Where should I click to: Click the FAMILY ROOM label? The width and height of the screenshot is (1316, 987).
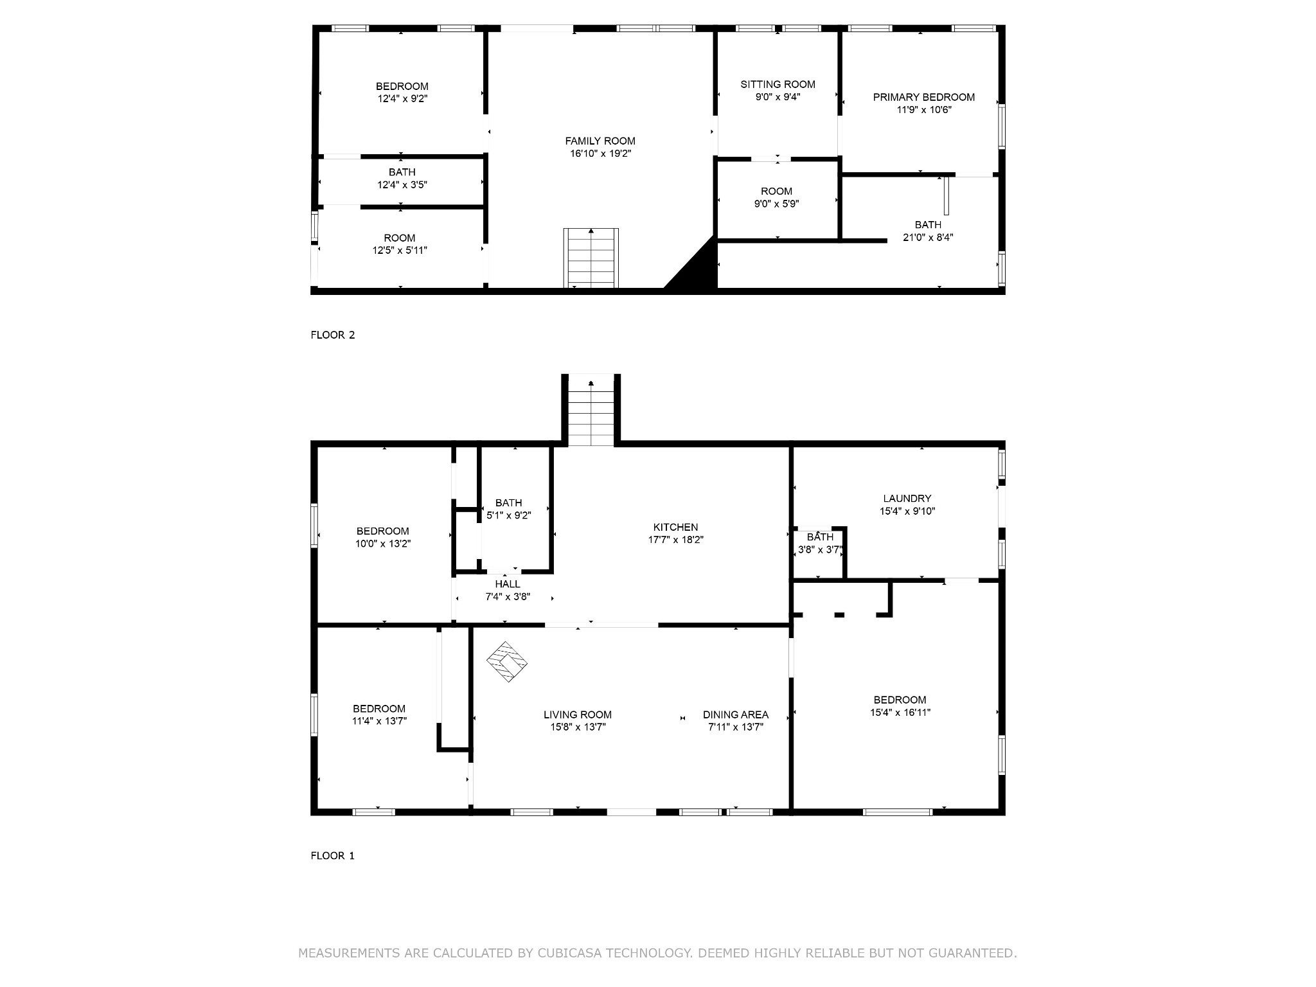click(x=600, y=141)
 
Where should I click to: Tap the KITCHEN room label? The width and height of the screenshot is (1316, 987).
click(x=675, y=528)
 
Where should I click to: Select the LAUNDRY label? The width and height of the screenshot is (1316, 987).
click(x=907, y=499)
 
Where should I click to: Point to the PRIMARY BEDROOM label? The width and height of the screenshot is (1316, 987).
click(x=923, y=97)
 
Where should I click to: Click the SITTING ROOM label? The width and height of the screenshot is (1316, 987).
click(x=778, y=84)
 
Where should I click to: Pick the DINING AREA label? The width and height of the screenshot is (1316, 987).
click(x=735, y=715)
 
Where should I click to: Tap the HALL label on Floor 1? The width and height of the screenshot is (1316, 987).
click(x=508, y=584)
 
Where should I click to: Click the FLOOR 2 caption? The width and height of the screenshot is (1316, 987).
click(x=332, y=335)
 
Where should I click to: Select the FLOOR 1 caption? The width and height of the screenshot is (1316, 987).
click(x=332, y=855)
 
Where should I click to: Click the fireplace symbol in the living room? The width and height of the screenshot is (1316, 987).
click(x=507, y=661)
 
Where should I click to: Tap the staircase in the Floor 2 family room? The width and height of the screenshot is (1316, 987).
click(x=591, y=258)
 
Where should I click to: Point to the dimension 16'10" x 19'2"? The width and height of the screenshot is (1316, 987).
click(x=600, y=154)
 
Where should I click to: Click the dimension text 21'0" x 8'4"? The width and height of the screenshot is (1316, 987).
click(x=927, y=237)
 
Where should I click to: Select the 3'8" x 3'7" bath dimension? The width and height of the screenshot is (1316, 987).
click(x=819, y=550)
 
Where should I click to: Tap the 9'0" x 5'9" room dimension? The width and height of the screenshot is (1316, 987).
click(x=776, y=204)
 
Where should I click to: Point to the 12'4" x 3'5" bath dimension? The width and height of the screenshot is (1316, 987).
click(x=402, y=184)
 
